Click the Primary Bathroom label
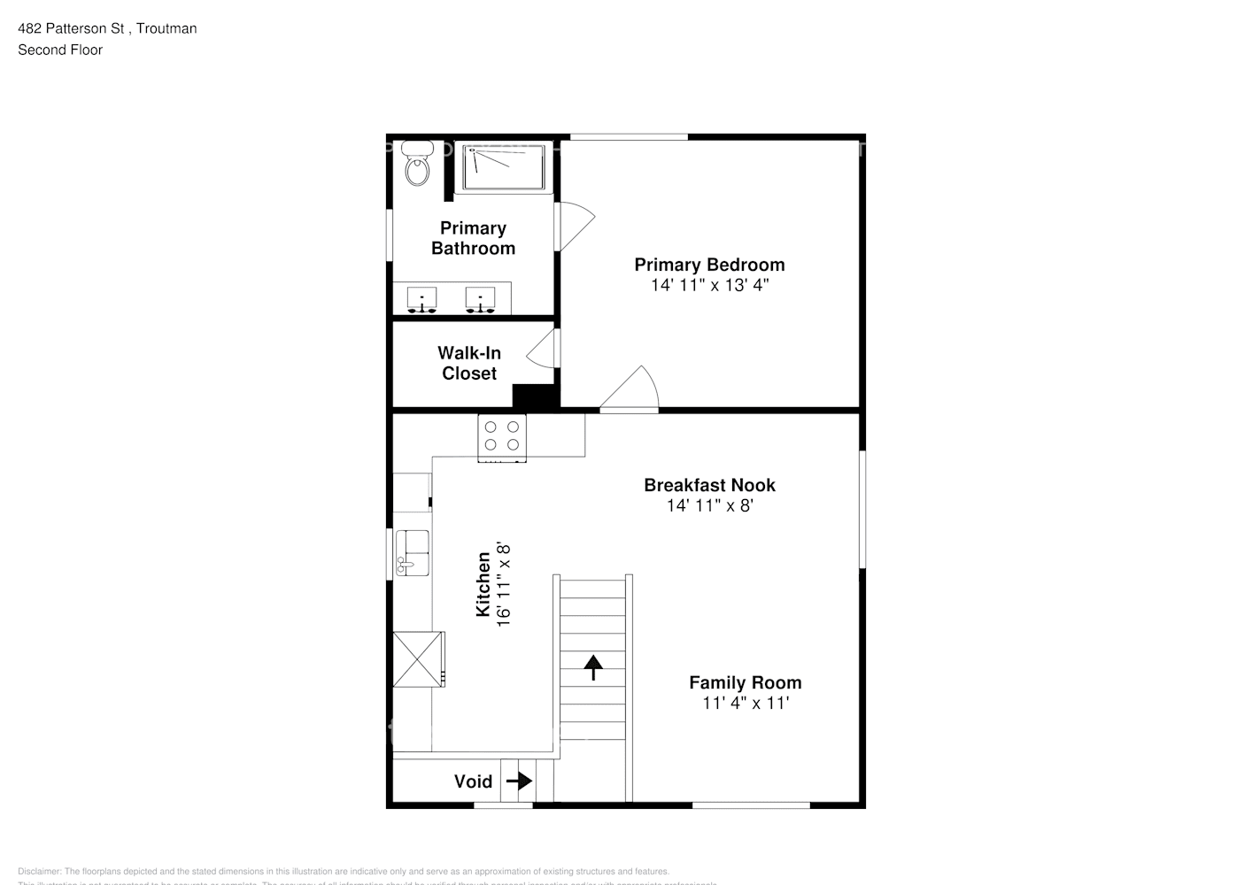pyautogui.click(x=473, y=238)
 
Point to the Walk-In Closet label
pyautogui.click(x=469, y=363)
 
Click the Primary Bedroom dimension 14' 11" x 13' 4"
pyautogui.click(x=709, y=285)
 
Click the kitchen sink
pyautogui.click(x=412, y=552)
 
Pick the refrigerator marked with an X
pyautogui.click(x=418, y=658)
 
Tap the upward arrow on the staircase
pyautogui.click(x=592, y=666)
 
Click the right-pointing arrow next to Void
pyautogui.click(x=519, y=781)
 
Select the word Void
pyautogui.click(x=473, y=781)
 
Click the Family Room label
pyautogui.click(x=745, y=682)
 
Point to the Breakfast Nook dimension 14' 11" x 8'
pyautogui.click(x=709, y=505)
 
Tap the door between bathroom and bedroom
pyautogui.click(x=574, y=227)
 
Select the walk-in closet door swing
pyautogui.click(x=543, y=349)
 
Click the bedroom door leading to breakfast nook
pyautogui.click(x=630, y=391)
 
